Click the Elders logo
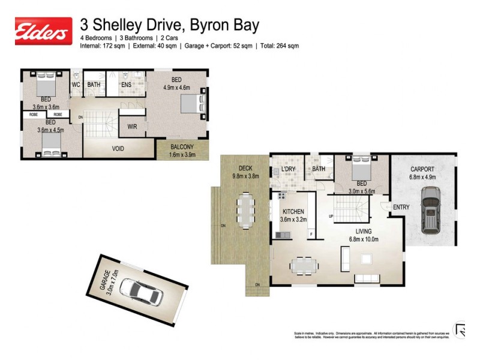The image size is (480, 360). [x=43, y=31]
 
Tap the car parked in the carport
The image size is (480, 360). [x=430, y=209]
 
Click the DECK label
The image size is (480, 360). [x=244, y=169]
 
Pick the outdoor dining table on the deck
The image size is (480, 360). [x=245, y=210]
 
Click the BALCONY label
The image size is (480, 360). [x=182, y=146]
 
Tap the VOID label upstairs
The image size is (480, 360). [x=118, y=148]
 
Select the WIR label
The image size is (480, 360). [x=131, y=127]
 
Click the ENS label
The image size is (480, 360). [x=126, y=85]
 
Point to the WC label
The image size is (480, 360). [x=76, y=85]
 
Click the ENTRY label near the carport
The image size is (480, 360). [x=401, y=208]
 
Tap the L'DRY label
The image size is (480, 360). [x=289, y=169]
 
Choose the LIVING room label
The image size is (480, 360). [x=363, y=231]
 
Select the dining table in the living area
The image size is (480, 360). [x=304, y=263]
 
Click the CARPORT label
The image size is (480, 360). [x=422, y=169]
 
